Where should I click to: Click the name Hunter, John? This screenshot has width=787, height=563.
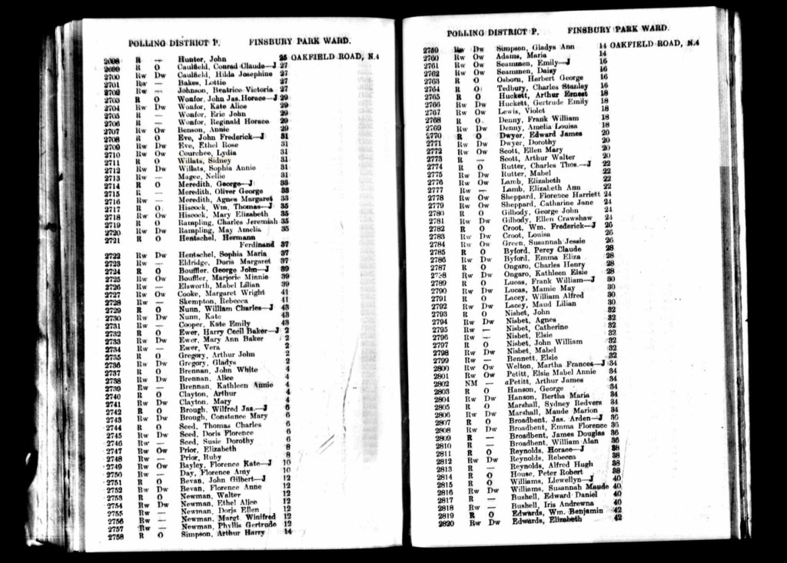coord(201,58)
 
